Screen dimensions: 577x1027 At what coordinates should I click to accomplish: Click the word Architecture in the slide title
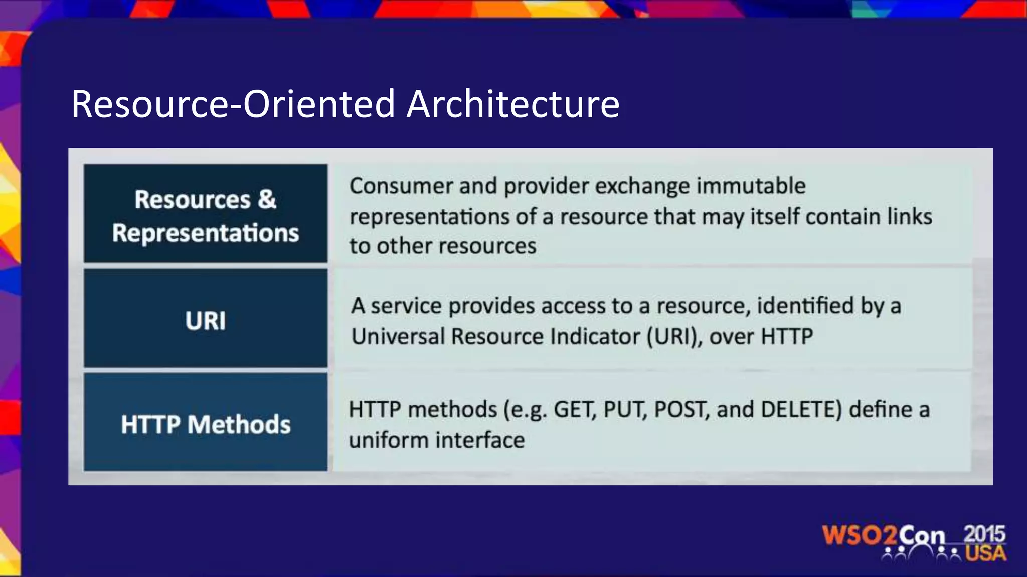pos(512,104)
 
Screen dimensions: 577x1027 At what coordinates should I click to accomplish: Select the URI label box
pos(206,319)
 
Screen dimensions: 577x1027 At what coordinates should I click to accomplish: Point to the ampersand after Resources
pos(267,199)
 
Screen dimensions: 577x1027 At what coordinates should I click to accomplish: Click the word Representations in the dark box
pos(206,233)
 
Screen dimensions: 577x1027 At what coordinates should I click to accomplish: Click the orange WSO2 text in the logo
pos(860,535)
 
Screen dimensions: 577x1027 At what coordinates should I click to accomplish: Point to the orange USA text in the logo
pos(985,553)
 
